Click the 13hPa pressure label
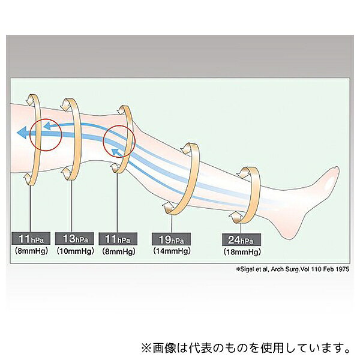pyautogui.click(x=74, y=239)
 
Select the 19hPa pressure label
pyautogui.click(x=171, y=239)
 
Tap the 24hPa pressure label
pyautogui.click(x=241, y=240)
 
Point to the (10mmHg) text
pyautogui.click(x=76, y=251)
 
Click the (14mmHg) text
pyautogui.click(x=172, y=251)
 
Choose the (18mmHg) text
pyautogui.click(x=242, y=252)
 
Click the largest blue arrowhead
pyautogui.click(x=23, y=133)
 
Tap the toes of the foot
pyautogui.click(x=336, y=172)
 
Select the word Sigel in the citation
pyautogui.click(x=247, y=269)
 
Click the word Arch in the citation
pyautogui.click(x=278, y=269)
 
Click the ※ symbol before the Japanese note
pyautogui.click(x=147, y=348)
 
